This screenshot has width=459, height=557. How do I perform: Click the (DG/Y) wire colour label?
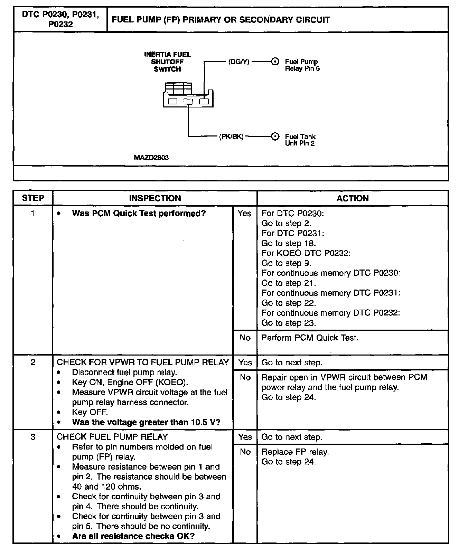pos(239,62)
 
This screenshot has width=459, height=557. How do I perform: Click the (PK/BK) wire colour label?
pos(231,136)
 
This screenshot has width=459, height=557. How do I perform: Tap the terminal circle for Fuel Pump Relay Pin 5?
pos(275,62)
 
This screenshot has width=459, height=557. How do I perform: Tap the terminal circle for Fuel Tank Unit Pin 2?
pos(275,136)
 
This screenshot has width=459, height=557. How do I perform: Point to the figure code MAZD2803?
pos(151,158)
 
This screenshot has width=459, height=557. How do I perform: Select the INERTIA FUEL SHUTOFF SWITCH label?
pos(167,62)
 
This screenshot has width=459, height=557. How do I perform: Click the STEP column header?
pos(33,198)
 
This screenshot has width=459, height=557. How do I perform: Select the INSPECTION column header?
pos(155,198)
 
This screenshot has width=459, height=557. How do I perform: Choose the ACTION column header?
pos(353,198)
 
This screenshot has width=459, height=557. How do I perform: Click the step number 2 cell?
pos(33,362)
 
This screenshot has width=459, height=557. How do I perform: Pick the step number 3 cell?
pos(33,437)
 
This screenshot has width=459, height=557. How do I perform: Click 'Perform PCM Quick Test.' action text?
pos(310,338)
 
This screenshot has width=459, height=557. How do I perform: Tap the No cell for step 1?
pos(245,338)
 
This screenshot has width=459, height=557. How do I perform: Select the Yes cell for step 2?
pos(245,362)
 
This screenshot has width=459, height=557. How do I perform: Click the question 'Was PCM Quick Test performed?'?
pos(139,214)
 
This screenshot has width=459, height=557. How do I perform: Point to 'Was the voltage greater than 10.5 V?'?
pos(146,422)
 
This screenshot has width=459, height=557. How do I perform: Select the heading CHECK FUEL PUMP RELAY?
pos(112,437)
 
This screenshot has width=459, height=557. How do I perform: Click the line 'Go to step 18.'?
pos(289,243)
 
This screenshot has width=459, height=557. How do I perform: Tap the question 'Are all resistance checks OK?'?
pos(133,536)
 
